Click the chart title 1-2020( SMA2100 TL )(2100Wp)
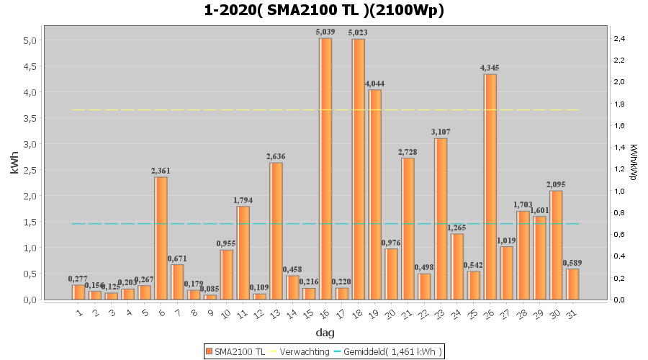tap(324, 10)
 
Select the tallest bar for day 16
tap(325, 169)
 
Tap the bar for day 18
tap(358, 169)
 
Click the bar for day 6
tap(161, 238)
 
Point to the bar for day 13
tap(276, 231)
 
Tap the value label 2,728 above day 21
tap(408, 152)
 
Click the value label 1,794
tap(243, 200)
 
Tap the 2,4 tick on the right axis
tap(619, 38)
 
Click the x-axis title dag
tap(324, 333)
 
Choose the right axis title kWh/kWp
tap(633, 161)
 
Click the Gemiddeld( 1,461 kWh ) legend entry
tap(389, 351)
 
